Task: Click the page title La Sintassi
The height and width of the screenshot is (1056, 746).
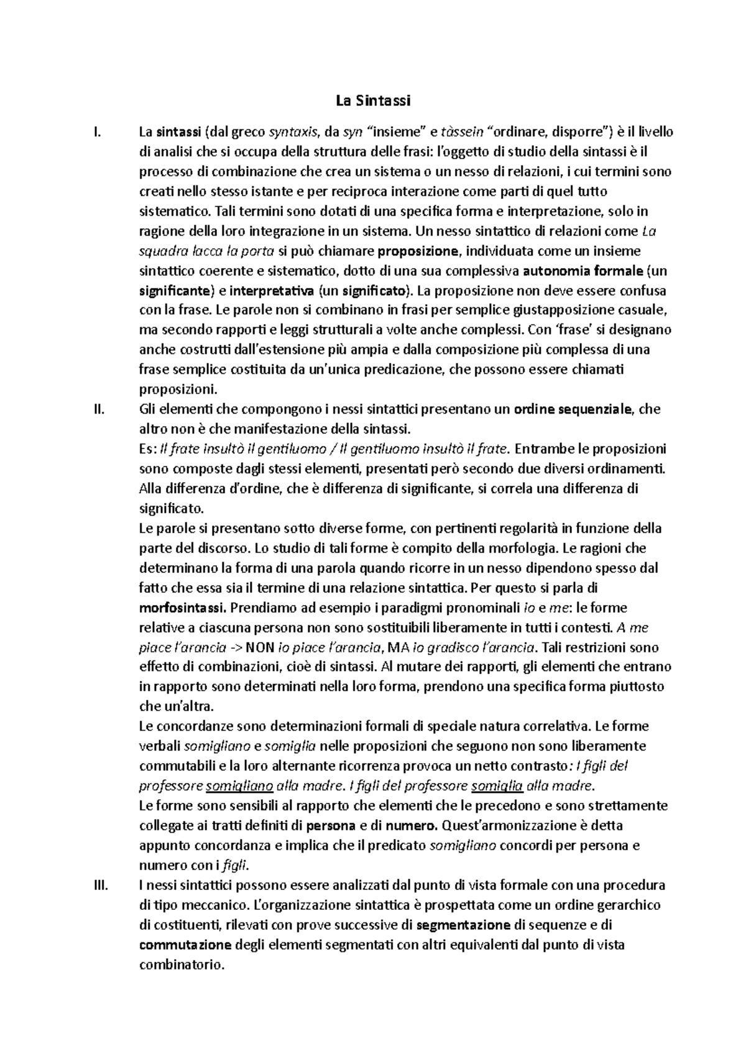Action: click(x=374, y=100)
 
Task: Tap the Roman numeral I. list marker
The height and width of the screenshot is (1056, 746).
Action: click(x=95, y=132)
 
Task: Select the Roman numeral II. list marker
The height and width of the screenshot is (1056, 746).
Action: click(x=96, y=409)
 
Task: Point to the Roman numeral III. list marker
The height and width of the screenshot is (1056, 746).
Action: click(x=98, y=885)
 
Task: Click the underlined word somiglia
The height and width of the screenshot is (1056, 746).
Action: click(x=497, y=785)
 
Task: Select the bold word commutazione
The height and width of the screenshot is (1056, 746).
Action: click(x=185, y=945)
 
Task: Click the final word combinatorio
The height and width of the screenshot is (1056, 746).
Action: click(x=180, y=965)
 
